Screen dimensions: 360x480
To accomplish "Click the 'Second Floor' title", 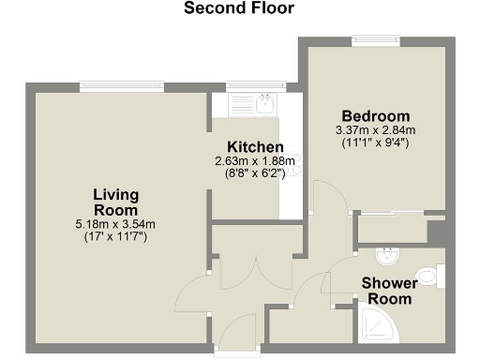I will (238, 9).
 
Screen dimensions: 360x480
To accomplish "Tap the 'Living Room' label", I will (115, 202).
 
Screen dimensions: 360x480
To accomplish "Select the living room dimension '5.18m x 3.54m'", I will (115, 224).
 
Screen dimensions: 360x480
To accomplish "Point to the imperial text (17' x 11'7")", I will (115, 236).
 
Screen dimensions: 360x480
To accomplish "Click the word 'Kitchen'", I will (256, 147).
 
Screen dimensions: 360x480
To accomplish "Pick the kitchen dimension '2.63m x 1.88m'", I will (256, 161).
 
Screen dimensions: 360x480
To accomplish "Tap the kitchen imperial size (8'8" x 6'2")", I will (256, 172).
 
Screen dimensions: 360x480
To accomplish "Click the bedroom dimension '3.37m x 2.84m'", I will (374, 130).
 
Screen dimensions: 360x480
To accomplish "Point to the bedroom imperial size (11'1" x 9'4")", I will (374, 142).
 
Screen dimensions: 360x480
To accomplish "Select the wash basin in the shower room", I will (387, 256).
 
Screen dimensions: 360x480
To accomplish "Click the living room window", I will (122, 87).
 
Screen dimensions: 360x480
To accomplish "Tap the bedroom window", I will (375, 40).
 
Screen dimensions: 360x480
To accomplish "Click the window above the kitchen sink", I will (248, 87).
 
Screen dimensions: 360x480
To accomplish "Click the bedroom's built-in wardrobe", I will (392, 228).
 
